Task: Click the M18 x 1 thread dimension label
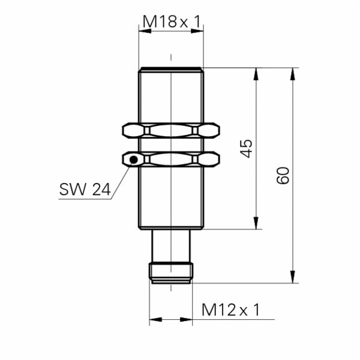171,22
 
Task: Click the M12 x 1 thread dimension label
230,310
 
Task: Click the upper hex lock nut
171,130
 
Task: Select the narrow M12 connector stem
171,246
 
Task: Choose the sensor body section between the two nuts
171,145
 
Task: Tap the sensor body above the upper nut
171,96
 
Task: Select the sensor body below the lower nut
171,198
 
